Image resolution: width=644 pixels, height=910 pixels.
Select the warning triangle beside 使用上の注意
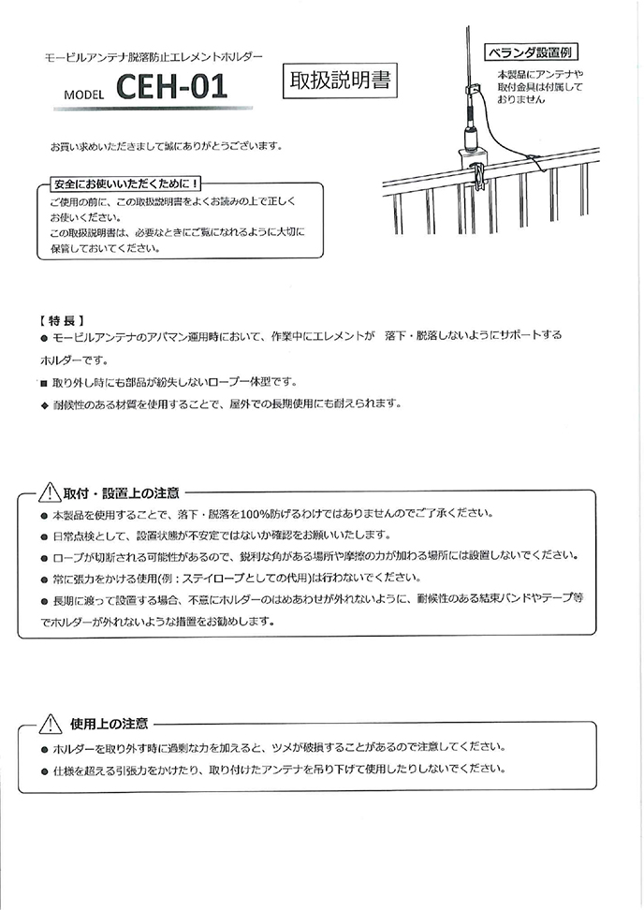tap(49, 724)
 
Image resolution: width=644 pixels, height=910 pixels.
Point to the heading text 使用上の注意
tap(109, 724)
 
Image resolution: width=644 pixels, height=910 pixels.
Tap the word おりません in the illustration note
tap(520, 98)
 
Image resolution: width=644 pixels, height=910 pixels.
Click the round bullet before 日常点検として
tap(44, 536)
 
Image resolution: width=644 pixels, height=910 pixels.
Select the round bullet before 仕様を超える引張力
tap(44, 769)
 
